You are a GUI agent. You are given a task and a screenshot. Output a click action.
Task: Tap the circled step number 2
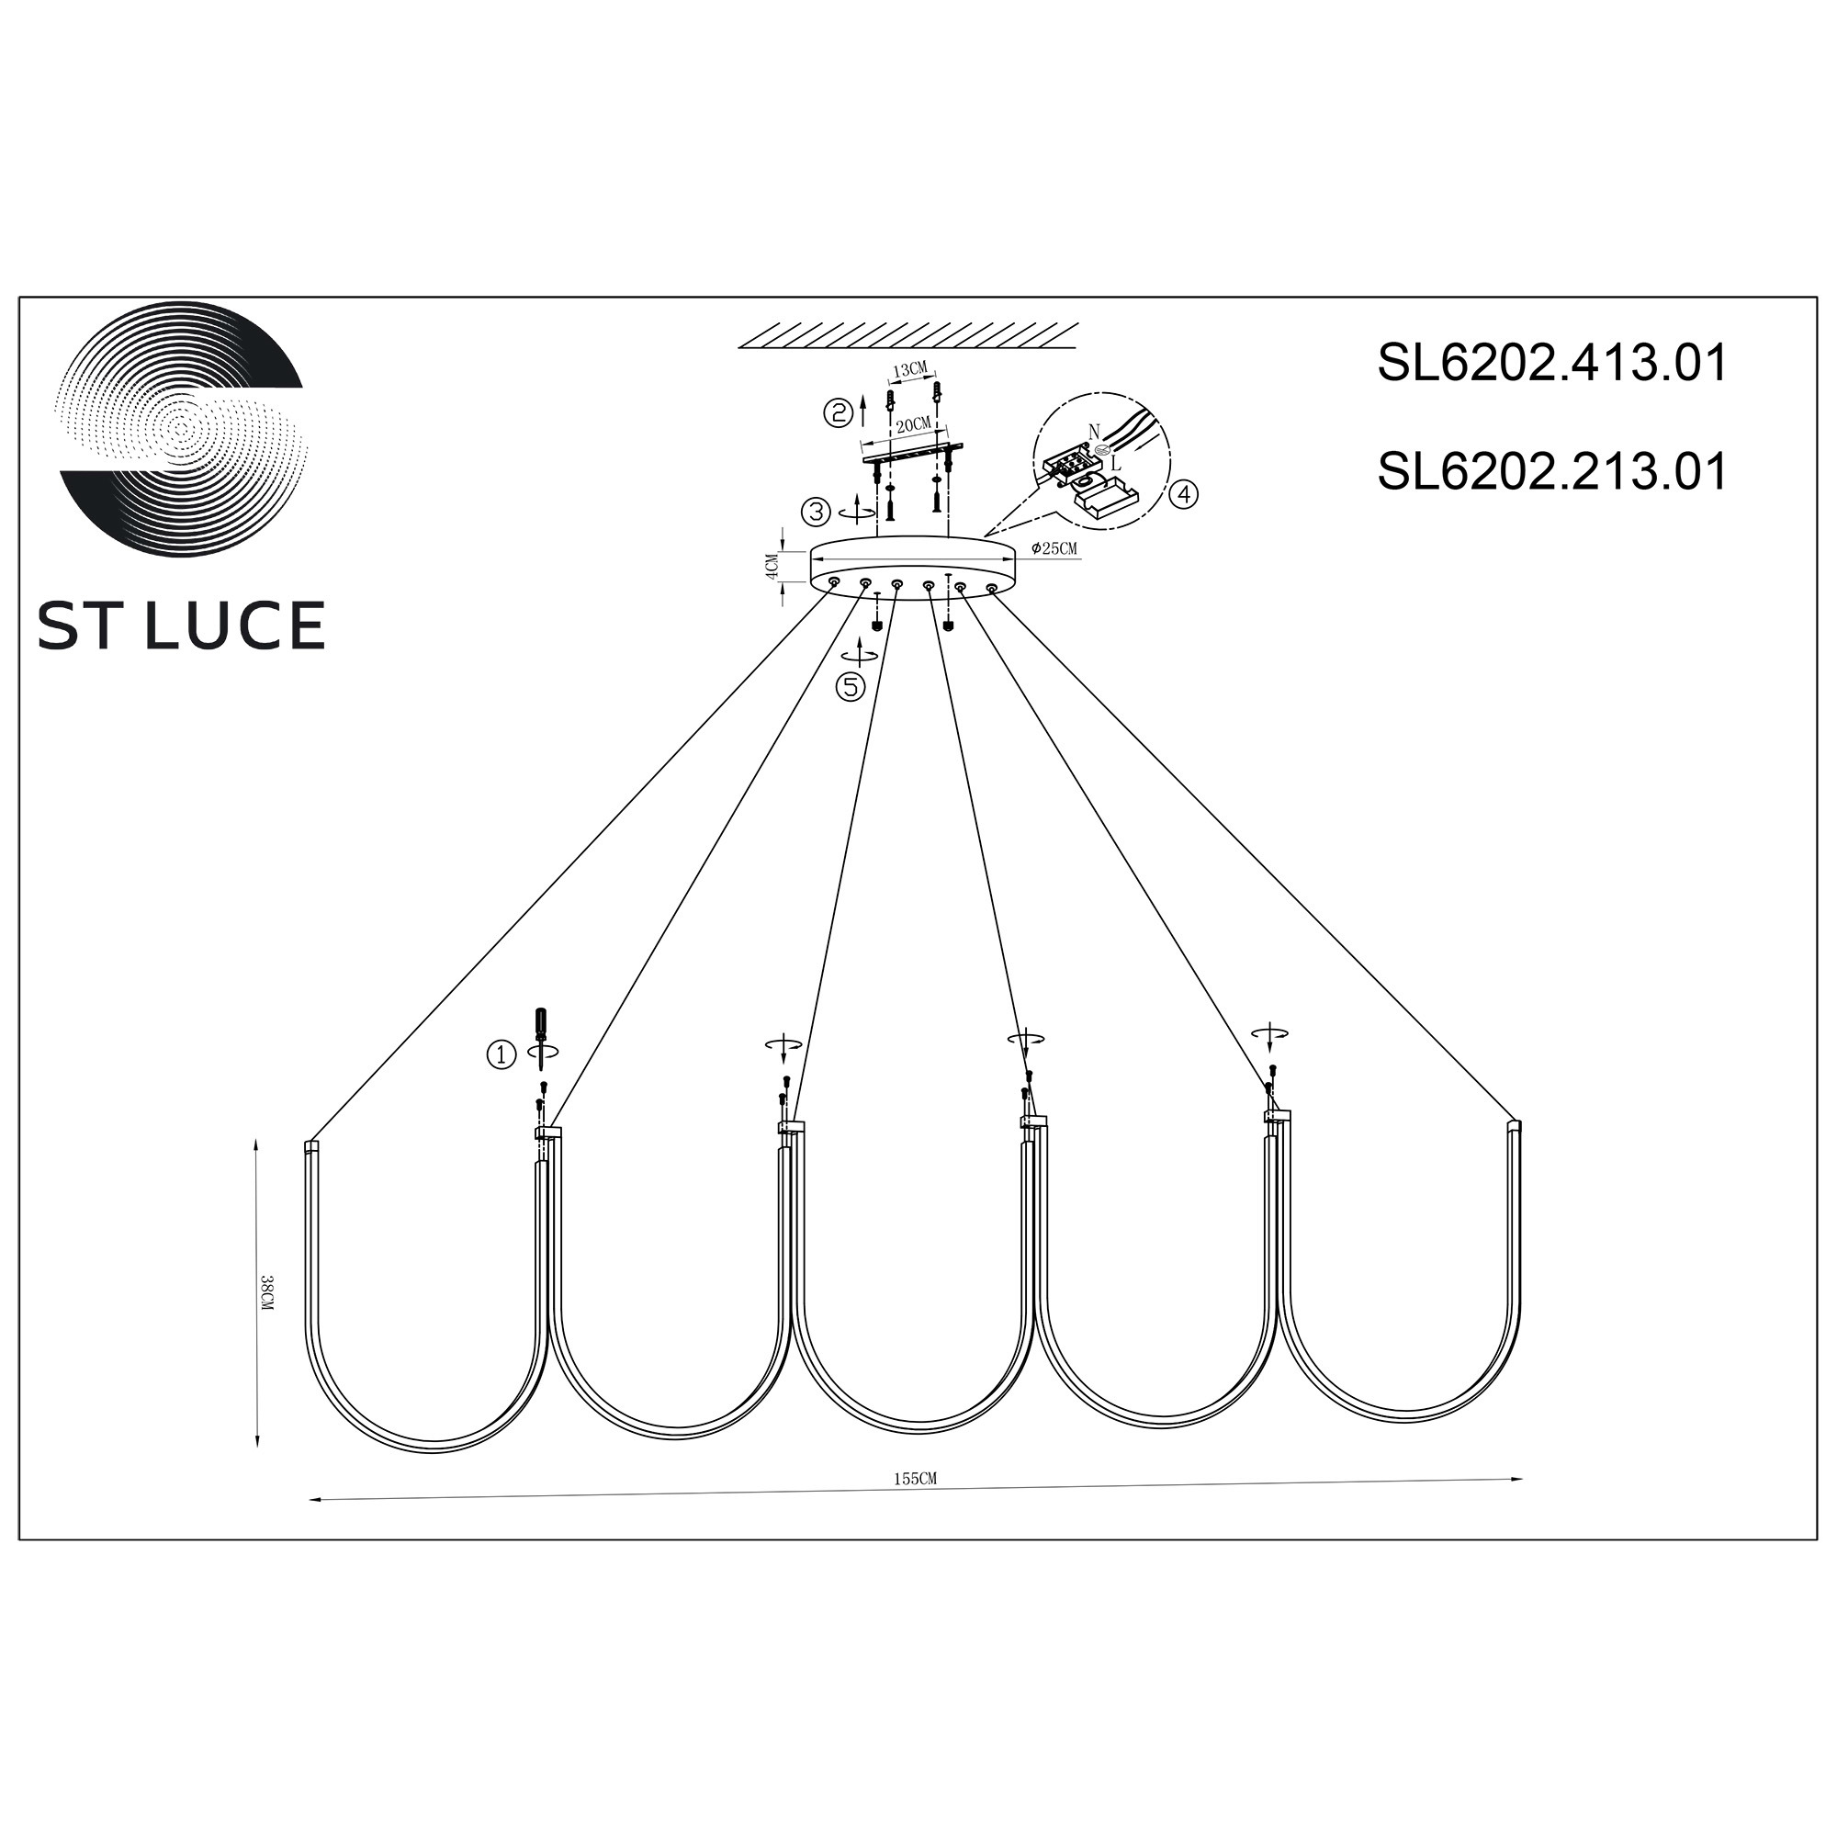(x=837, y=412)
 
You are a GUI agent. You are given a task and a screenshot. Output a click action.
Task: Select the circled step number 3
(x=816, y=513)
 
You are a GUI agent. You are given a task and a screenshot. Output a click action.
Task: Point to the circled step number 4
(x=1184, y=494)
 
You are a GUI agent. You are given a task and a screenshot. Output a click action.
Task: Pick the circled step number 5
(x=851, y=686)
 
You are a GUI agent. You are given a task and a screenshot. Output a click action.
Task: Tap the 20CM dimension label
(x=914, y=424)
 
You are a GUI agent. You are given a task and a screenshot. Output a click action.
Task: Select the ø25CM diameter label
(x=1054, y=548)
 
